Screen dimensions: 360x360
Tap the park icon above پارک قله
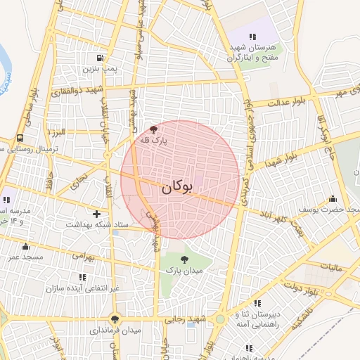tap(153, 129)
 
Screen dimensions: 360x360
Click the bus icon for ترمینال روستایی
tap(18, 139)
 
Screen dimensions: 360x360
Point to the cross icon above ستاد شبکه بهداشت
tap(96, 213)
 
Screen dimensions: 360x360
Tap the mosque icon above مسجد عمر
tap(26, 246)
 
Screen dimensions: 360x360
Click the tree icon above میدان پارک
tap(184, 259)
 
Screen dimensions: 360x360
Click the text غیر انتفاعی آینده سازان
tap(85, 288)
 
